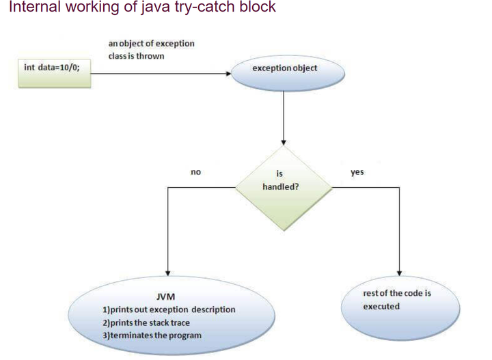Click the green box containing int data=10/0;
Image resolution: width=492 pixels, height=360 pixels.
(x=55, y=74)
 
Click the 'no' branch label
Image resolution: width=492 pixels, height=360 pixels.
(x=195, y=172)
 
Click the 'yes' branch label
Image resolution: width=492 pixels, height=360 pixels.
(x=357, y=172)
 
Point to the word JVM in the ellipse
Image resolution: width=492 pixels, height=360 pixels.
(x=165, y=297)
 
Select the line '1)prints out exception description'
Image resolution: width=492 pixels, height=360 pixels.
(x=168, y=309)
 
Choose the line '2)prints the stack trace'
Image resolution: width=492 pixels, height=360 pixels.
(x=146, y=322)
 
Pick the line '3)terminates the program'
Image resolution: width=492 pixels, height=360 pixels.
(x=152, y=335)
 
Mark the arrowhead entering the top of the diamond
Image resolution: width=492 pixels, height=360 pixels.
(x=283, y=142)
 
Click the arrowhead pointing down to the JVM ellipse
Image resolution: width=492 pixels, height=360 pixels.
(x=168, y=273)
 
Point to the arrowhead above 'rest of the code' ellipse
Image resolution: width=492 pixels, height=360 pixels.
(x=399, y=273)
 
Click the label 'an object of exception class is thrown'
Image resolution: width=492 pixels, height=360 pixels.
(x=151, y=49)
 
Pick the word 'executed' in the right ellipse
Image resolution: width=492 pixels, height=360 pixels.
(x=381, y=306)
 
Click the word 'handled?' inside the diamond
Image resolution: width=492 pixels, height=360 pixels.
(x=279, y=186)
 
